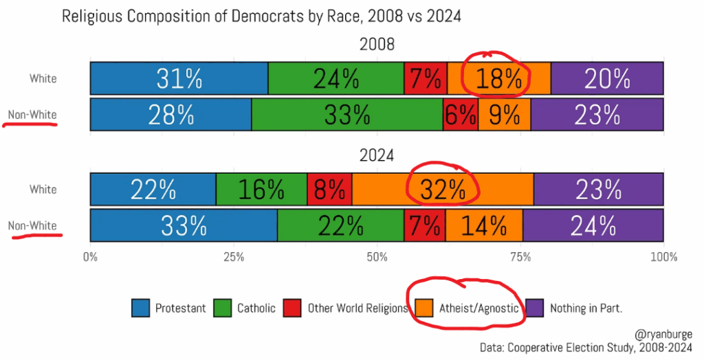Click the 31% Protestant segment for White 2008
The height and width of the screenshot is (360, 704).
click(179, 78)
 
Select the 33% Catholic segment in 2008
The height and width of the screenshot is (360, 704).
click(346, 114)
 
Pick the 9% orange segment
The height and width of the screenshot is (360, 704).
click(505, 114)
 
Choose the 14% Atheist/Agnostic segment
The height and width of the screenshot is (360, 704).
click(484, 225)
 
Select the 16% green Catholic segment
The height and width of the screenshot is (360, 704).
click(261, 189)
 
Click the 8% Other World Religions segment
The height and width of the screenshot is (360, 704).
click(329, 189)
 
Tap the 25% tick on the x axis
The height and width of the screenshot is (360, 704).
click(234, 257)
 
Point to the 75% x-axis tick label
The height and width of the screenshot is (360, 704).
click(520, 257)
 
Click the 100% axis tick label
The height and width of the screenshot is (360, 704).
click(663, 257)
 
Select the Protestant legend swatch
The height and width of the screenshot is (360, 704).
click(141, 308)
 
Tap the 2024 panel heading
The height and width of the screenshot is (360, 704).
click(377, 156)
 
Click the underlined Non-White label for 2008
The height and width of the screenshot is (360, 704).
click(32, 115)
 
